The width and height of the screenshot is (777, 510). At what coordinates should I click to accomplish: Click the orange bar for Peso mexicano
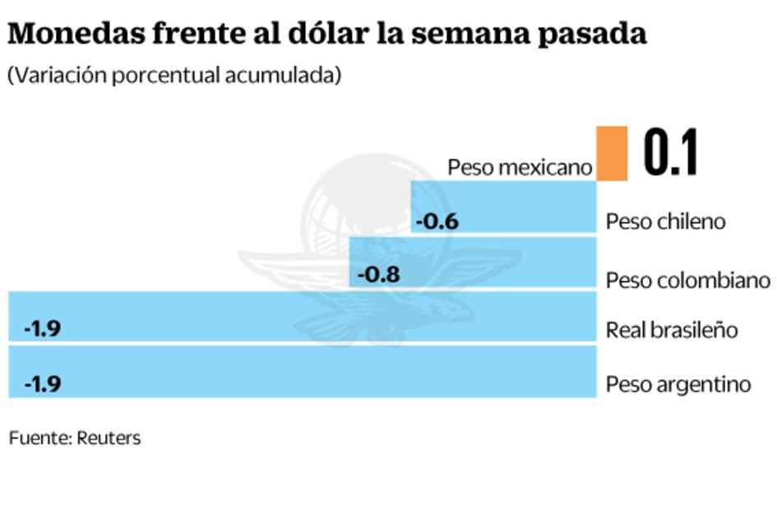coord(612,153)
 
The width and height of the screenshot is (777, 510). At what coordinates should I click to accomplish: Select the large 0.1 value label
coord(670,153)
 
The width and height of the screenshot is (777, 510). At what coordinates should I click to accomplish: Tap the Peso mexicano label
coord(520,168)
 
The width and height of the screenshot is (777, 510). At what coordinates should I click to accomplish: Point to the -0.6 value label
coord(437,221)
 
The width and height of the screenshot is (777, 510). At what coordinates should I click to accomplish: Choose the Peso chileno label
coord(665,221)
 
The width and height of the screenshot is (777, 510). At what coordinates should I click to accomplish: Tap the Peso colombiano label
coord(687,280)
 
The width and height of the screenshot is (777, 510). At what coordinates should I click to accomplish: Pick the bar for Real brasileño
coord(303,317)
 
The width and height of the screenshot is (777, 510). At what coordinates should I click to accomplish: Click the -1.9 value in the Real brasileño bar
coord(43,329)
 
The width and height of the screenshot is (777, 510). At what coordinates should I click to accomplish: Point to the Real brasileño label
coord(672,330)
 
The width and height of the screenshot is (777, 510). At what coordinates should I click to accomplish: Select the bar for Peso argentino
coord(303,371)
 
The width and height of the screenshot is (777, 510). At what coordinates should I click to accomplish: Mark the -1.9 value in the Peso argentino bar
coord(43,384)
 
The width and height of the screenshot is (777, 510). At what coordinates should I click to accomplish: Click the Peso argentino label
coord(678,384)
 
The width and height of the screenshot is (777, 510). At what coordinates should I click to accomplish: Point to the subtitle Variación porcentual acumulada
coord(173,75)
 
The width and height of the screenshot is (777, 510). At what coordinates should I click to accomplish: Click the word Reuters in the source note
coord(109,438)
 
